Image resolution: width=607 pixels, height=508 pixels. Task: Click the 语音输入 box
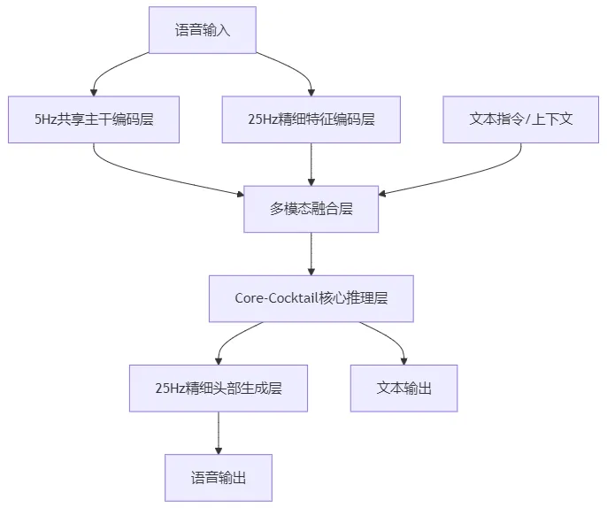[203, 30]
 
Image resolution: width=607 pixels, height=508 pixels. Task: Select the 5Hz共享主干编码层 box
[94, 119]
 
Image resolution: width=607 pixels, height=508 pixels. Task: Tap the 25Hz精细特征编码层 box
[311, 119]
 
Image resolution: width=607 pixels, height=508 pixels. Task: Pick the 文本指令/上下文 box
[520, 119]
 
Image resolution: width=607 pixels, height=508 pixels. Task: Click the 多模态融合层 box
[311, 209]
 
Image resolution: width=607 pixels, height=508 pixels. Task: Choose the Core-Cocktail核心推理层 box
[311, 298]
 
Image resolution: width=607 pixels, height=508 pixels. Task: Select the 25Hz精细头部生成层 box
[218, 388]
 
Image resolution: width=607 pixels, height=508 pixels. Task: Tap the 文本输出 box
[403, 388]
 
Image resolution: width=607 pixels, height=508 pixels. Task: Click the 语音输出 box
[218, 477]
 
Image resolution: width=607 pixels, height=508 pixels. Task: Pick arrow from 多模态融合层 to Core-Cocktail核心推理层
[311, 253]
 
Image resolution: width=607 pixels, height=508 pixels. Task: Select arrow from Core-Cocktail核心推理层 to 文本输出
[389, 338]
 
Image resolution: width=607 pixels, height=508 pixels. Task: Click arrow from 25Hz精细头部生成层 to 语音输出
[218, 433]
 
